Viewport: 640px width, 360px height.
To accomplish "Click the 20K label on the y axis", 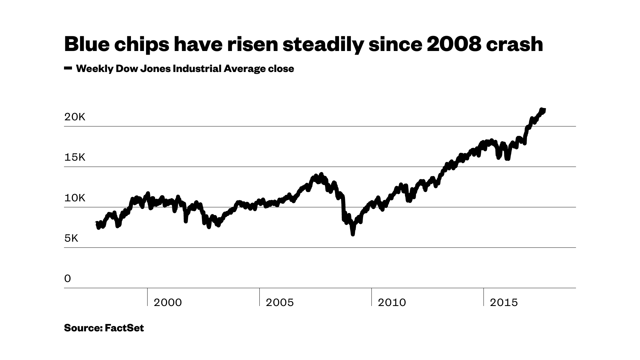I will click(75, 117).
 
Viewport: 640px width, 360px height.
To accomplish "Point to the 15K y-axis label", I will click(75, 157).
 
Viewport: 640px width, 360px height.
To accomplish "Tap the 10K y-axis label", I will click(75, 198).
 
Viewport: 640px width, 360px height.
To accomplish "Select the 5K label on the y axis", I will click(71, 238).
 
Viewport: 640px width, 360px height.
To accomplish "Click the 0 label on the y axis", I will click(68, 279).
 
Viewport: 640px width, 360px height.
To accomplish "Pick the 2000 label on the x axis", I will click(168, 303).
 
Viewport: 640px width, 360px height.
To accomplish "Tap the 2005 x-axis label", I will click(280, 303).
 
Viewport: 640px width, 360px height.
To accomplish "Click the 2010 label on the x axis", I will click(392, 303).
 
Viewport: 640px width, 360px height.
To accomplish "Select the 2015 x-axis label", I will click(504, 303).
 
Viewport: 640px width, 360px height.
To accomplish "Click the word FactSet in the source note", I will click(124, 328).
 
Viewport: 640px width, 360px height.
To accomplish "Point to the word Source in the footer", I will click(83, 328).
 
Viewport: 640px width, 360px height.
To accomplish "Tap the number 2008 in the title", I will click(454, 44).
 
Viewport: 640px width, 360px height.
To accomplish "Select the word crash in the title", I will click(514, 44).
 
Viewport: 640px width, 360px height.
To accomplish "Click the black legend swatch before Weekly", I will click(68, 68).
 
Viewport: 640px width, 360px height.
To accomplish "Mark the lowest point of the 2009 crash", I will click(353, 234).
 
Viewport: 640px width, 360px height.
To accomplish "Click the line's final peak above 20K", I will click(542, 110).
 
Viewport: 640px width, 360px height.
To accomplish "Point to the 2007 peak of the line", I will click(321, 174).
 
